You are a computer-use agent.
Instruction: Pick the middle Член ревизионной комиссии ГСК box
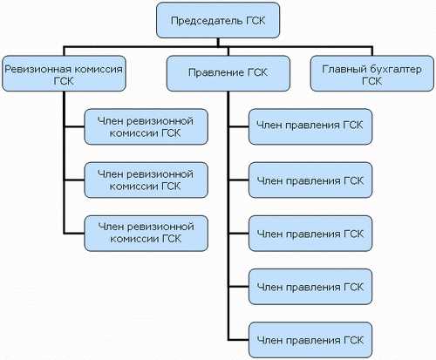pyautogui.click(x=146, y=179)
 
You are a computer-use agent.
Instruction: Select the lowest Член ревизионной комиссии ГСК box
pyautogui.click(x=146, y=231)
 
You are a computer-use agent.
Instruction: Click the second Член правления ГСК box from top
pyautogui.click(x=310, y=180)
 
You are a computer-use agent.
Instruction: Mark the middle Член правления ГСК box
pyautogui.click(x=310, y=233)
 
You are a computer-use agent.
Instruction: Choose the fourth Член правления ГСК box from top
pyautogui.click(x=310, y=285)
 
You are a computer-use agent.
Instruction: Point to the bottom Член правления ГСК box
pyautogui.click(x=310, y=337)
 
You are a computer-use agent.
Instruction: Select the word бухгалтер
pyautogui.click(x=390, y=67)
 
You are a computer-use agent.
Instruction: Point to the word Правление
pyautogui.click(x=210, y=73)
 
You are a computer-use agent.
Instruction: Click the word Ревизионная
pyautogui.click(x=34, y=67)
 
